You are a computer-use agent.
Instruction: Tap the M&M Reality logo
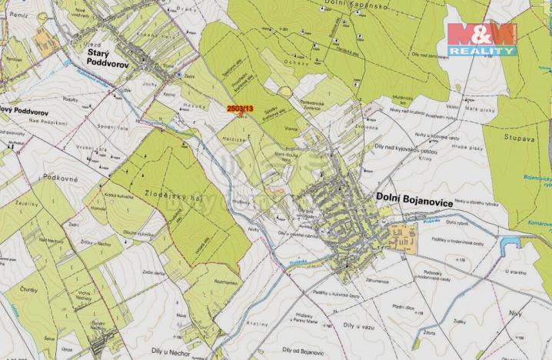[x=482, y=38]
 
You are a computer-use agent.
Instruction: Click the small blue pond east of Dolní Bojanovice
[x=507, y=245]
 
